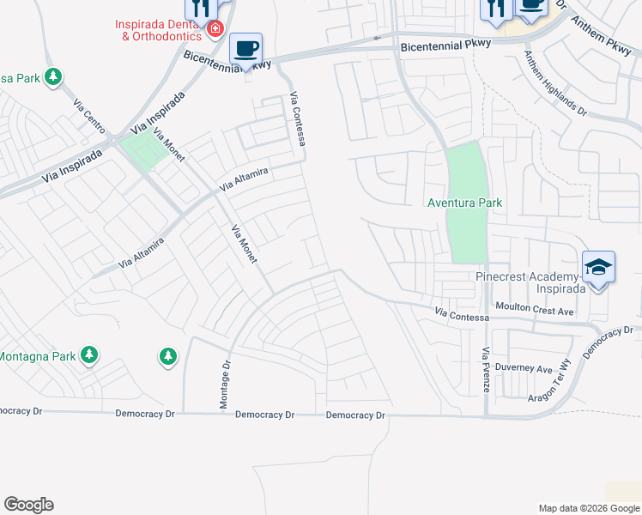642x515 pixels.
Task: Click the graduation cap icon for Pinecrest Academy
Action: pos(598,267)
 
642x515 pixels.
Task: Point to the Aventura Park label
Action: pos(465,203)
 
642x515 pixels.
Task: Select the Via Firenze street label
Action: pos(486,370)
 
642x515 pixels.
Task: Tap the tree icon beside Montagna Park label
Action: pos(88,354)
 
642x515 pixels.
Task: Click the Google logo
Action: pos(28,505)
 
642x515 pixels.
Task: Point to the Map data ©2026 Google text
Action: pos(589,508)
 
